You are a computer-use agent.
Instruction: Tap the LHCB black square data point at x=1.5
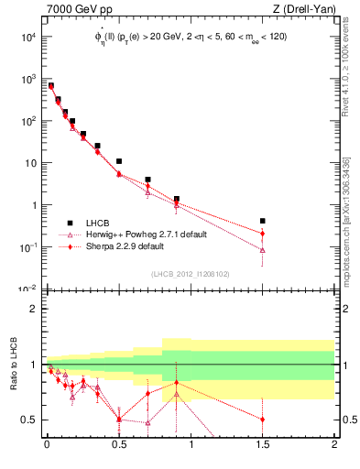[263, 221]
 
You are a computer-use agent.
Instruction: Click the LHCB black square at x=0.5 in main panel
[119, 161]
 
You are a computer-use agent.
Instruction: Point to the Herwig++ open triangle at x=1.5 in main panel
[263, 249]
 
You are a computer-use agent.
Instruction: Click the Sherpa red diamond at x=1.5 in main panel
[263, 233]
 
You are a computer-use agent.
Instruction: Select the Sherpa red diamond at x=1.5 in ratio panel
[263, 420]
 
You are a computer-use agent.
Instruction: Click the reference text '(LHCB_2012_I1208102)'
[191, 273]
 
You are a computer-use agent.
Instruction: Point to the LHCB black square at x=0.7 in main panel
[147, 180]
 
